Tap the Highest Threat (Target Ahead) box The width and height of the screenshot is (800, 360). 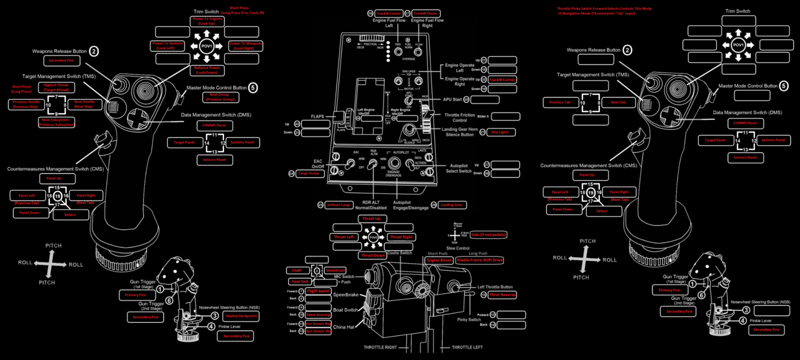coord(55,87)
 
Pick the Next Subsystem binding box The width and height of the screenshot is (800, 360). coord(56,122)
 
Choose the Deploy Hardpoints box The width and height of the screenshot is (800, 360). coord(241,315)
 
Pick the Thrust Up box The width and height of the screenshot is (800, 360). coord(372,219)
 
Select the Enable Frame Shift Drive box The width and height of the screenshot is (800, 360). coord(479,260)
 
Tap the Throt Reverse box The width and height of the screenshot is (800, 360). coord(503,294)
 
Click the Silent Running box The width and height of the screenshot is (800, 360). coord(318,315)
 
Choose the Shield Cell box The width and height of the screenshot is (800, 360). coord(335,270)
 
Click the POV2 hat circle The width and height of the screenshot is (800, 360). coord(373,237)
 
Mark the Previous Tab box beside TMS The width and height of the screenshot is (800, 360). coord(560,103)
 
